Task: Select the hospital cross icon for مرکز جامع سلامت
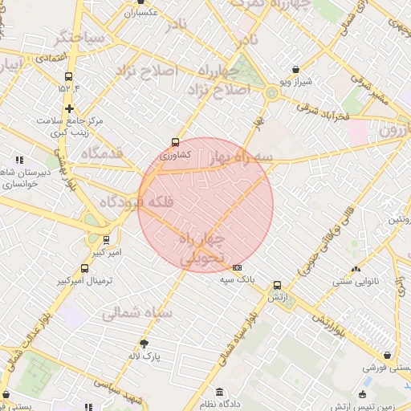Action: point(70,108)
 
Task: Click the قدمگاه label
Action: point(102,152)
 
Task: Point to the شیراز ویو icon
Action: point(297,70)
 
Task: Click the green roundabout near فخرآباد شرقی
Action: point(272,94)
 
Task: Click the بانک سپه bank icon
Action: point(237,267)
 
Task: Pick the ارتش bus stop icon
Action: point(278,285)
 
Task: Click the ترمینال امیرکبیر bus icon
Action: point(85,268)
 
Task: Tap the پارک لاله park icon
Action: point(144,343)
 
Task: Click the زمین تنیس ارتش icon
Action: point(363,395)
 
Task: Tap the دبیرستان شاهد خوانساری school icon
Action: point(18,160)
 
